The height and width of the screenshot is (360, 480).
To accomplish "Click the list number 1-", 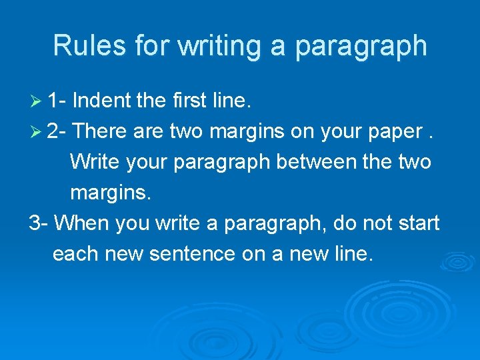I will click(57, 101).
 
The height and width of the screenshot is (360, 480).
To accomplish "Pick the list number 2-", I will click(57, 132).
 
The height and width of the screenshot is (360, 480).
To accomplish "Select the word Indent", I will click(101, 101).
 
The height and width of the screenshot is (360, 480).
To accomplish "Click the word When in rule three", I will click(82, 223).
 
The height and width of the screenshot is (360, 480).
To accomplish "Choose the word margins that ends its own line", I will click(110, 193).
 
